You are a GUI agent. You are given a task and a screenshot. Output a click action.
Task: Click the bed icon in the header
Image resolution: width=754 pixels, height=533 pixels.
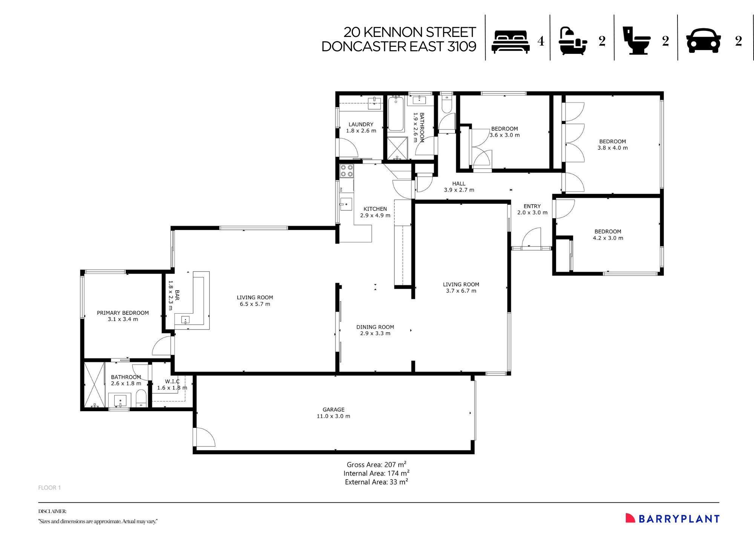point(510,42)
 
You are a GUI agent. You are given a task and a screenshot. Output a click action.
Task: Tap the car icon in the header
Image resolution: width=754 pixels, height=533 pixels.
point(703,41)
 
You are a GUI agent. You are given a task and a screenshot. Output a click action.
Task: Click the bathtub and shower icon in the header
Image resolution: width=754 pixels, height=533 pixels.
point(573,41)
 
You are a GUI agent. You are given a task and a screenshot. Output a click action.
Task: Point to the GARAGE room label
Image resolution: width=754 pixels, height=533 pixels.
point(333,410)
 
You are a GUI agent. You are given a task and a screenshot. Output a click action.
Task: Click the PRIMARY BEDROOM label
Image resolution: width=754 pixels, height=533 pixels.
point(123,313)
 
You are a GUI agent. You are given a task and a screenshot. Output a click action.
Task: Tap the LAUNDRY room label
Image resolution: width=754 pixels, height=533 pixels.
point(361,124)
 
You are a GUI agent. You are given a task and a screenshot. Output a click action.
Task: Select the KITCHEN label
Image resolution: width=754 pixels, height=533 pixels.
point(375,209)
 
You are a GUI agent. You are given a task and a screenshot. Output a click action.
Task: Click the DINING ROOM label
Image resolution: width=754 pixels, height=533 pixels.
point(375,327)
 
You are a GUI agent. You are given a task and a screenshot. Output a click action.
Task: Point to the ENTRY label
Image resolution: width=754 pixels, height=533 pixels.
point(532,206)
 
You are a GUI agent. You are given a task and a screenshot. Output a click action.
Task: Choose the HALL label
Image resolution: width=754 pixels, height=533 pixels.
point(459,184)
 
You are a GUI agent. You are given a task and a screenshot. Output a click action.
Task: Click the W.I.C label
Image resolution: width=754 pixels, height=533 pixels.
point(172,381)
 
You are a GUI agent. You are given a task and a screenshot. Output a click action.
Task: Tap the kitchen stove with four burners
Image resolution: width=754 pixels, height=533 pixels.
point(346,171)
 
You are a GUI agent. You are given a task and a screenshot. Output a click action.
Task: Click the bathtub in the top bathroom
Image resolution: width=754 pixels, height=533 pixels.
point(396,114)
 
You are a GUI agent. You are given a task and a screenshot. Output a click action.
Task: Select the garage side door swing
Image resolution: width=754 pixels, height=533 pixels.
point(204,437)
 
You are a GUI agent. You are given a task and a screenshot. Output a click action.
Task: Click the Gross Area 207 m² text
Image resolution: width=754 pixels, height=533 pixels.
point(376,465)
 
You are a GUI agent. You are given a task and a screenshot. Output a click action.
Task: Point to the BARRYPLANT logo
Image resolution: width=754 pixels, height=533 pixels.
point(673,519)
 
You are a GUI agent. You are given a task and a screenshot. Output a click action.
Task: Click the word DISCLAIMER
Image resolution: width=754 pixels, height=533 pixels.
point(52,512)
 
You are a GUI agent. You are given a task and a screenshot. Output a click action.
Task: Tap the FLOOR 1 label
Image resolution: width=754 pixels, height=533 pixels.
point(49,488)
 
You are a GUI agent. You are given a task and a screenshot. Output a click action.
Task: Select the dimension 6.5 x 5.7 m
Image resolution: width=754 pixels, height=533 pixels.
point(255,304)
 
